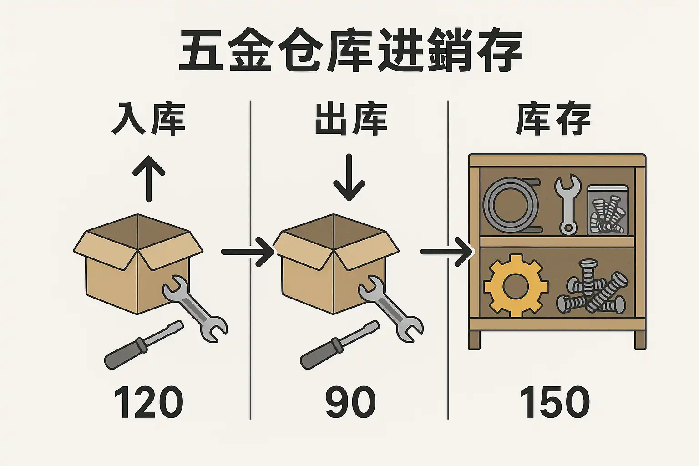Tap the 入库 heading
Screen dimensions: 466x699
(x=148, y=119)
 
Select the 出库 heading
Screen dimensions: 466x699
(x=351, y=119)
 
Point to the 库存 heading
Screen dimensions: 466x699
(x=553, y=119)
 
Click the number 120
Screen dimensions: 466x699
(x=148, y=402)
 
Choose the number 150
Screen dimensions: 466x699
(x=554, y=402)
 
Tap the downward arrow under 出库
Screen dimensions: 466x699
(x=349, y=177)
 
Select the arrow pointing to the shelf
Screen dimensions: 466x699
(x=446, y=252)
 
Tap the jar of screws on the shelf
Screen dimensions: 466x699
(x=607, y=210)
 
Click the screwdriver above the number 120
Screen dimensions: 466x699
(x=144, y=344)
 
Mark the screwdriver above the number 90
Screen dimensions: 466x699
(x=339, y=344)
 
